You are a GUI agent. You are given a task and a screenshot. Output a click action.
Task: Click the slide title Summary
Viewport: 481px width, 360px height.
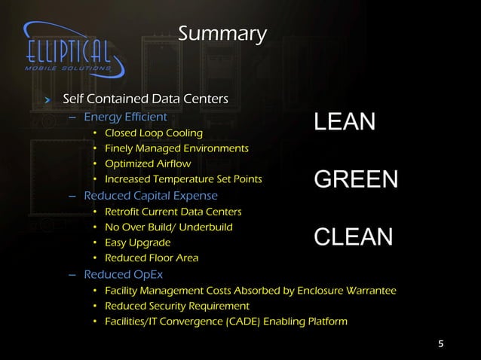[222, 35]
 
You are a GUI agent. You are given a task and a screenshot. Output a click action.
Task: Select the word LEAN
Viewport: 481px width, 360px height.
[345, 123]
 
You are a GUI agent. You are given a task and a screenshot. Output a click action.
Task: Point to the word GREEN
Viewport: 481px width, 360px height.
[355, 180]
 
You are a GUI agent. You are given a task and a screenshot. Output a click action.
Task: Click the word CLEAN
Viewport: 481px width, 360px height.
[353, 237]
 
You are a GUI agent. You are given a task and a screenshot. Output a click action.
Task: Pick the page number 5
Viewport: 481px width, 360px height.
[441, 345]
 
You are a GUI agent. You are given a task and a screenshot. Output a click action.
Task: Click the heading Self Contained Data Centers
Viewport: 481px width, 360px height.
[145, 99]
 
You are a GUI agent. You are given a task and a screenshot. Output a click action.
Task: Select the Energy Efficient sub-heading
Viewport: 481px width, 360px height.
[125, 117]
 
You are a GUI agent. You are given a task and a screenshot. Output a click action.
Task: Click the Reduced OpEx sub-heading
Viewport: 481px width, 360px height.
[118, 274]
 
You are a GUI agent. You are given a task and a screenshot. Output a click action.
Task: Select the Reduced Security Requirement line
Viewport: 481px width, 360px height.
[176, 306]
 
